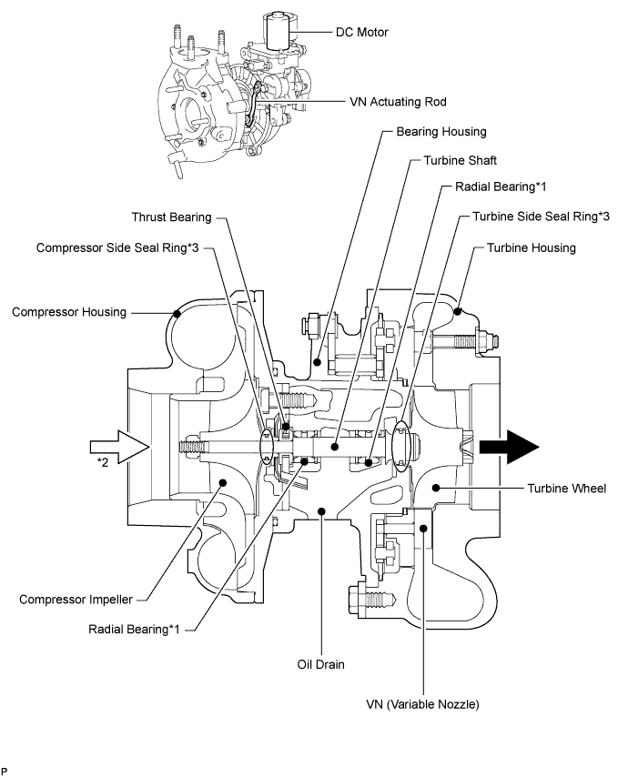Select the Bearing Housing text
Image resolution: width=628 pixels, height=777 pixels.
click(441, 132)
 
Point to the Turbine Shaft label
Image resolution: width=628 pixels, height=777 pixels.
click(460, 160)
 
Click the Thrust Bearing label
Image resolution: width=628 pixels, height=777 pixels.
click(171, 217)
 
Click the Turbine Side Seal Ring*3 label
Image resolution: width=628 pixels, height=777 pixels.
click(541, 218)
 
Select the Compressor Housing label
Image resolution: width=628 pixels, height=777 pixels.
click(69, 312)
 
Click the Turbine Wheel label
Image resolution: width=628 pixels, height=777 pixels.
click(566, 489)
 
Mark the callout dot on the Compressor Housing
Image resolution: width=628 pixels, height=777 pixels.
click(177, 313)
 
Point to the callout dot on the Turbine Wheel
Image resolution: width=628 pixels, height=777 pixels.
click(436, 489)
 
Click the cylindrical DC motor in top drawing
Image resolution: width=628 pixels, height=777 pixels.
click(276, 35)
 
